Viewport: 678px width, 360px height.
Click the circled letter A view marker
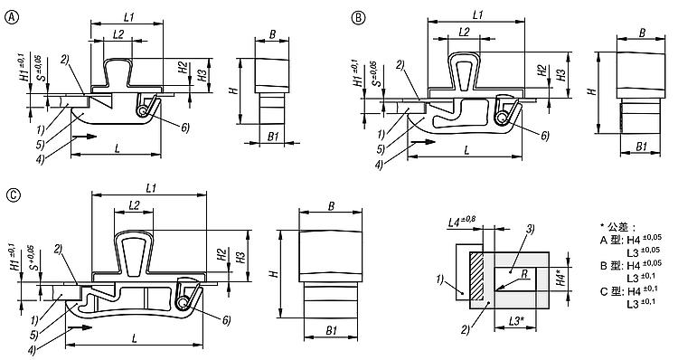[12, 18]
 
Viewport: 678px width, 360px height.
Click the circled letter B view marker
[358, 18]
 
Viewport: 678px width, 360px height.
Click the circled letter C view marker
[14, 195]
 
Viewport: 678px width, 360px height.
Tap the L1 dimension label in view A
[129, 17]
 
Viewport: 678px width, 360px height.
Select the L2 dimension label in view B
[464, 32]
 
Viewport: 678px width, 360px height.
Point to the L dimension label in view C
[134, 338]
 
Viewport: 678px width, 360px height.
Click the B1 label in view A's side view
[273, 137]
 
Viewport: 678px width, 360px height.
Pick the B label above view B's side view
[642, 33]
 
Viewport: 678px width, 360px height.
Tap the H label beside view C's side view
[273, 273]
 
